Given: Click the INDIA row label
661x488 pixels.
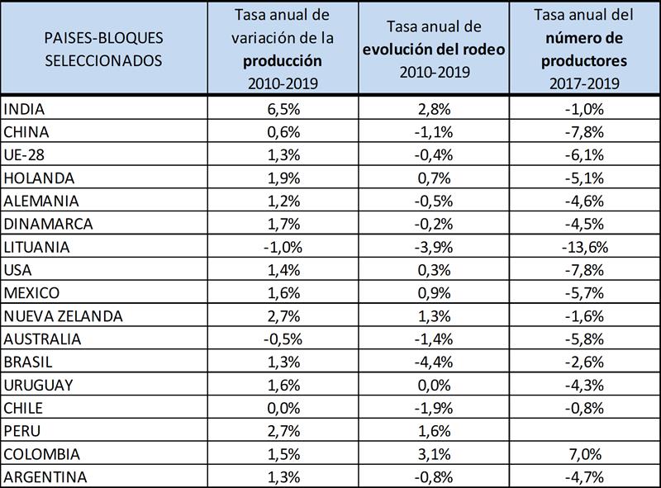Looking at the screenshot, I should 23,109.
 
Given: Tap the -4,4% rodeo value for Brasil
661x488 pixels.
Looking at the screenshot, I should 435,362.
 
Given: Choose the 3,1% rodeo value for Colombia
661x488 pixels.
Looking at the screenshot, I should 435,454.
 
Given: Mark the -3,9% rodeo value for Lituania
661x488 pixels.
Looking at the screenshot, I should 435,247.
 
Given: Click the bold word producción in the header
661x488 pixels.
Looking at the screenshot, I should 283,61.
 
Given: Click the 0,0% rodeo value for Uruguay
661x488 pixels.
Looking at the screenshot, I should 435,385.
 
